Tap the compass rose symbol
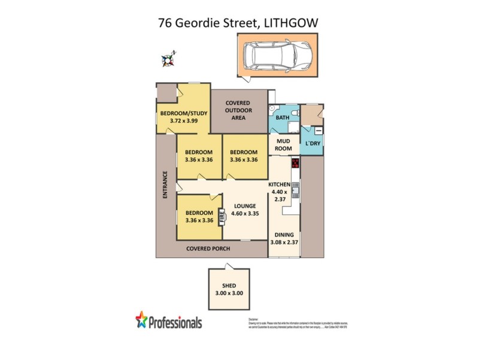pyautogui.click(x=170, y=59)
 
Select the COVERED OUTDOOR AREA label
pyautogui.click(x=238, y=110)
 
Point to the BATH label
pyautogui.click(x=283, y=118)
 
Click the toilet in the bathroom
pyautogui.click(x=272, y=107)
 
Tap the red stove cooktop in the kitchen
pyautogui.click(x=295, y=163)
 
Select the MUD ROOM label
pyautogui.click(x=283, y=145)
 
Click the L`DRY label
pyautogui.click(x=313, y=145)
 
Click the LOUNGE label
pyautogui.click(x=245, y=206)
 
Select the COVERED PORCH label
pyautogui.click(x=208, y=248)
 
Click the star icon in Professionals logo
pyautogui.click(x=141, y=319)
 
